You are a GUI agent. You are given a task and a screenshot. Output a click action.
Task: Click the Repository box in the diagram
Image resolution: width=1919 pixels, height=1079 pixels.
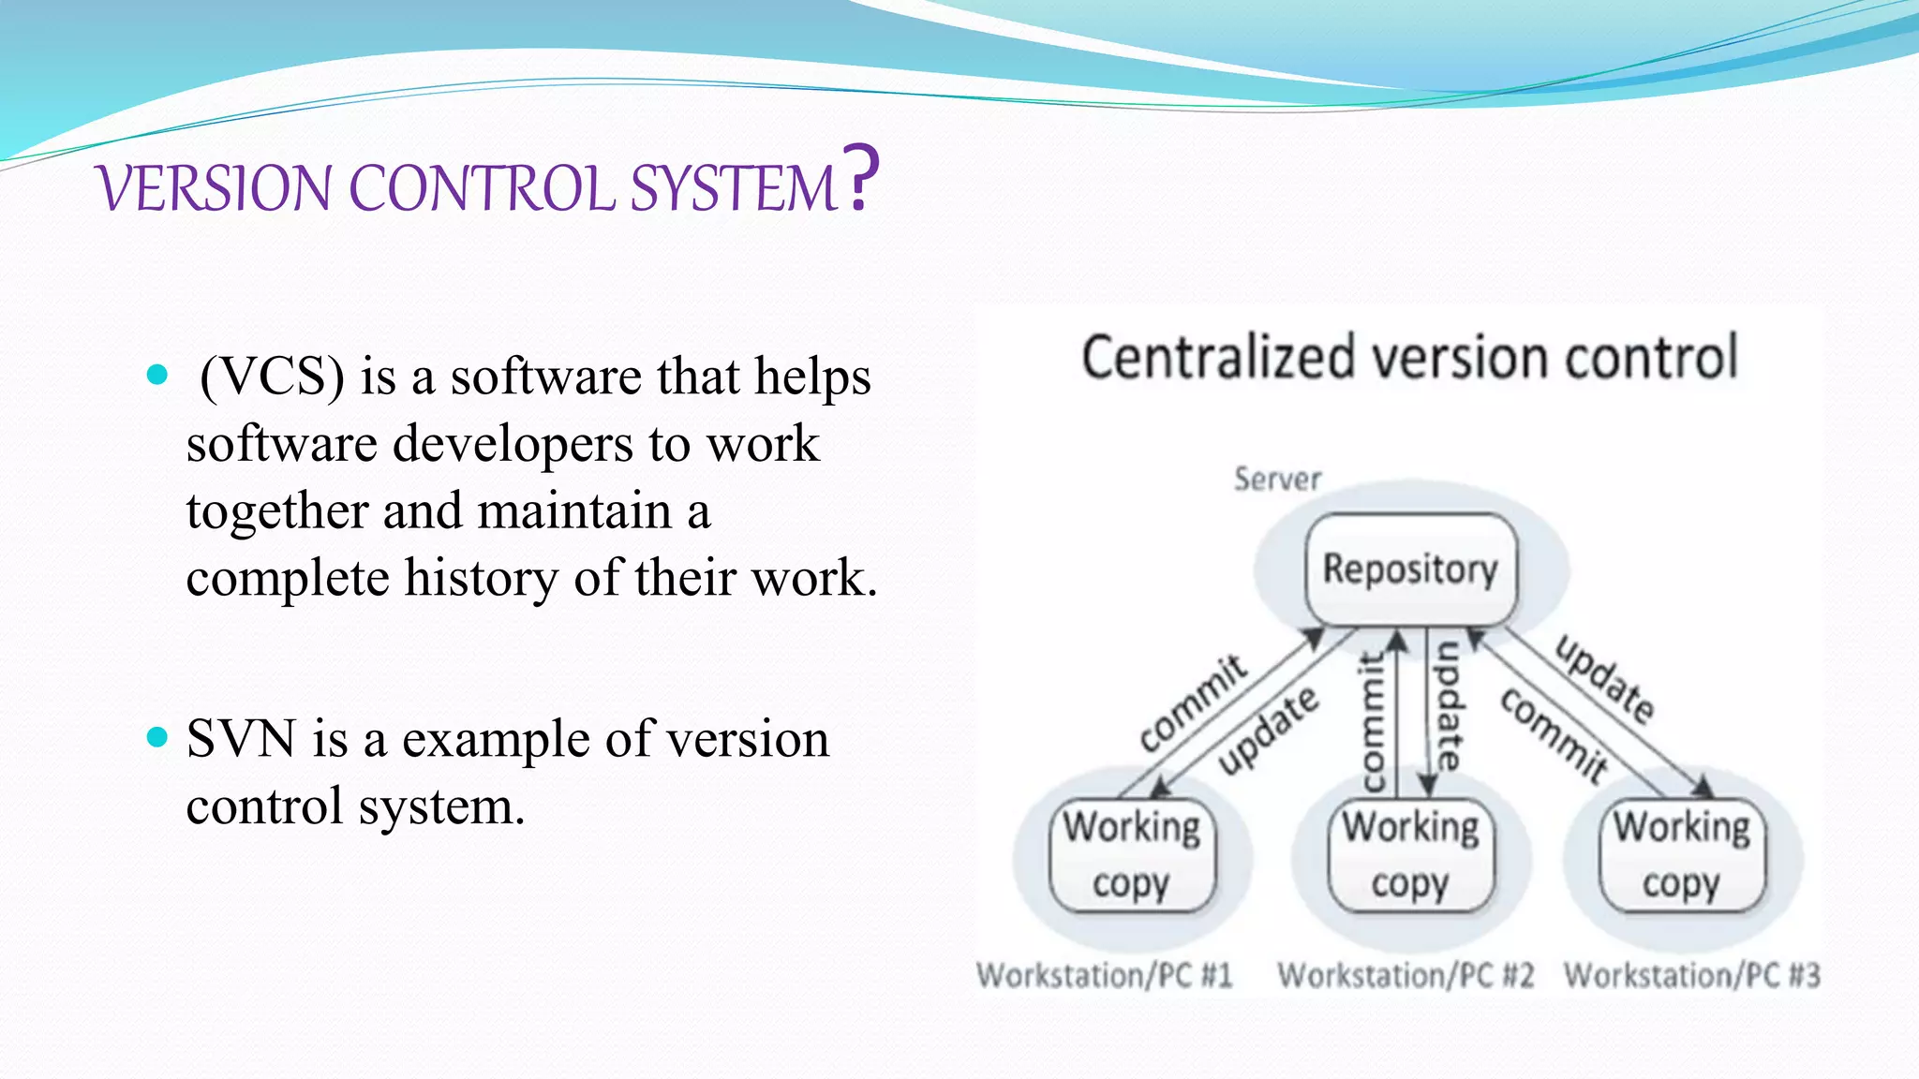point(1410,569)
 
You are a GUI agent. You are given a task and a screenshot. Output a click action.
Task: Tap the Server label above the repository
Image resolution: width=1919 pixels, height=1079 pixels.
point(1277,480)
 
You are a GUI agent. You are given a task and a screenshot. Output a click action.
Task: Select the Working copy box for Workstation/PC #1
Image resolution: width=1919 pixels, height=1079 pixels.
point(1132,855)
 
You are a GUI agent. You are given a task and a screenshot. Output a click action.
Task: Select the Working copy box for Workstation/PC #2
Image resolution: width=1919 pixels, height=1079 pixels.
point(1410,855)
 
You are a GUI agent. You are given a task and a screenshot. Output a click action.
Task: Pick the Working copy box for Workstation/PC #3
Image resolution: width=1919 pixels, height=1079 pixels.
point(1681,855)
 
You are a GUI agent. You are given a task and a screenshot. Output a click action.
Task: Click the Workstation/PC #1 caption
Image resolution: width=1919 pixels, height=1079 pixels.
point(1104,976)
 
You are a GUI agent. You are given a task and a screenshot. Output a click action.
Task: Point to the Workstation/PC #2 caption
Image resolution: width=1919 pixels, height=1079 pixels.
point(1406,976)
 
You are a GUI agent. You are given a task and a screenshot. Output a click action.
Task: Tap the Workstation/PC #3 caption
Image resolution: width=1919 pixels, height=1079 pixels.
point(1692,976)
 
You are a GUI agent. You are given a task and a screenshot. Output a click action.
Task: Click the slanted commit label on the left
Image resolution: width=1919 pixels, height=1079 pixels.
point(1193,702)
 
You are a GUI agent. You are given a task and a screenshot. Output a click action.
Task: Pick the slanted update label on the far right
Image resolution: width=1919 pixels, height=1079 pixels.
point(1605,680)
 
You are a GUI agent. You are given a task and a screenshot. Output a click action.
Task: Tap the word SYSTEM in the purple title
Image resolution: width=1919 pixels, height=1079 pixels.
point(733,188)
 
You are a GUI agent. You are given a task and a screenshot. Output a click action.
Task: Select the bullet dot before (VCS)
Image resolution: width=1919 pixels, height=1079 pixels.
point(157,376)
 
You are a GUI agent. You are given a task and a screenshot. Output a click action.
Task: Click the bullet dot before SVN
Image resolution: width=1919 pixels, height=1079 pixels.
point(157,738)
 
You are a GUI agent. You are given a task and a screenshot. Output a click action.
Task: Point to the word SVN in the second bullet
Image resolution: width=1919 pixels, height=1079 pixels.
point(241,739)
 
